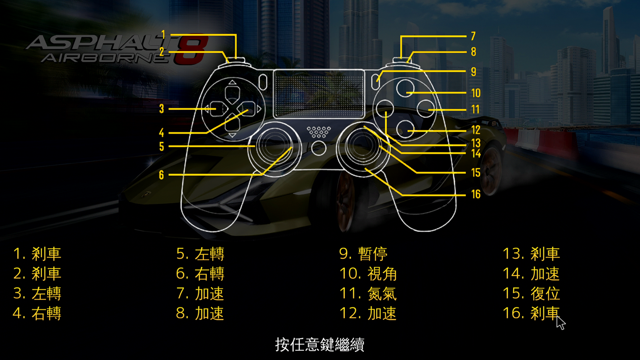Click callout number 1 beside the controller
pos(163,35)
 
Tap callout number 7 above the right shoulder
pos(474,36)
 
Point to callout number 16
pos(476,194)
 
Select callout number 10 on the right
pos(476,93)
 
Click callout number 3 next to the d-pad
pos(162,109)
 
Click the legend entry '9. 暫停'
pos(363,254)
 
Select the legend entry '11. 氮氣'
pos(368,294)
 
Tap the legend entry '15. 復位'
pos(531,294)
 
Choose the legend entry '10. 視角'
pos(368,274)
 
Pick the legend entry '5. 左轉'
pos(200,254)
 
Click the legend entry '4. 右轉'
pos(37,314)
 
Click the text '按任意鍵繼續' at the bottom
pos(320,344)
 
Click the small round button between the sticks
pos(318,148)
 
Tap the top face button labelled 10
pos(406,88)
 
